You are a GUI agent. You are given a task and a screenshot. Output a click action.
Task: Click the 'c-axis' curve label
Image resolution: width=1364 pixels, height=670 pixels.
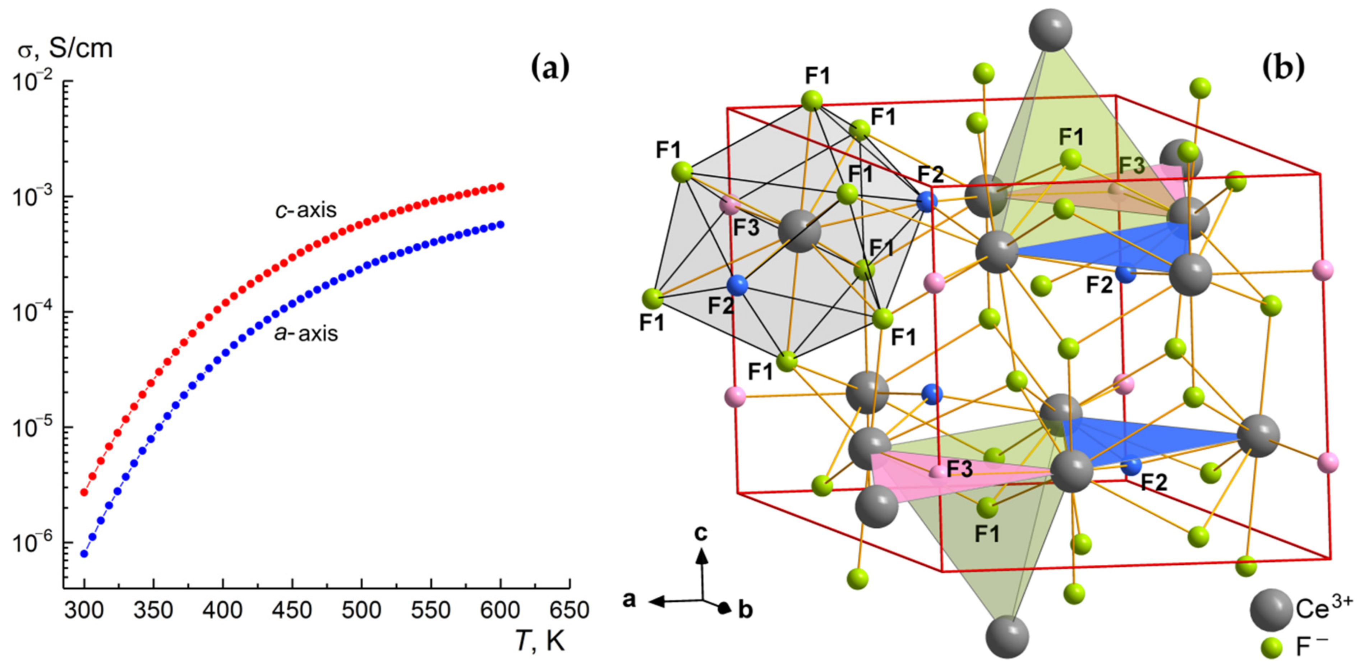click(305, 210)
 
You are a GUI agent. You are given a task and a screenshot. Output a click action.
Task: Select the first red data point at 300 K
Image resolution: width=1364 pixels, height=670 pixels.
click(84, 492)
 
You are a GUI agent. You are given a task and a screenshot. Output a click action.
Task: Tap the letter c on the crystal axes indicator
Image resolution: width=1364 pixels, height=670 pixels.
click(701, 533)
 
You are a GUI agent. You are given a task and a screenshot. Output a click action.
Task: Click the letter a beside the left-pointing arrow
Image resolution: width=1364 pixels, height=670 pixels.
click(629, 600)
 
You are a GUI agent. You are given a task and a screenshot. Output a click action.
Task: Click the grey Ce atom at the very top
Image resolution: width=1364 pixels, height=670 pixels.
click(1051, 30)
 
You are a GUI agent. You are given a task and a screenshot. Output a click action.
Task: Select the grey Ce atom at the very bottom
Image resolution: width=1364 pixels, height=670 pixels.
click(1008, 636)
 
